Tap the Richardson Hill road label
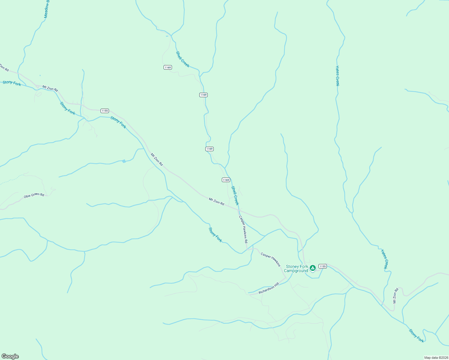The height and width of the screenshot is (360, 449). click(269, 288)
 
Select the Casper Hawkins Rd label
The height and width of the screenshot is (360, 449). click(243, 229)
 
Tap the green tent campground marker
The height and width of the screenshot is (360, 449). click(312, 268)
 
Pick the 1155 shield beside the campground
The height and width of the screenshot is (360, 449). click(322, 266)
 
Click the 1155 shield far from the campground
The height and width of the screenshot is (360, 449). click(104, 111)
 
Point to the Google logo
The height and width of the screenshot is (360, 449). click(10, 356)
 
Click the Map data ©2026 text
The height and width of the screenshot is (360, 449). click(435, 358)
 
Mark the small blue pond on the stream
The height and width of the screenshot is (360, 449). click(124, 161)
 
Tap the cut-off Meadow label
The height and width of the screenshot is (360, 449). click(46, 9)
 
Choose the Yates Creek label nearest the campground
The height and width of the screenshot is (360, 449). click(384, 259)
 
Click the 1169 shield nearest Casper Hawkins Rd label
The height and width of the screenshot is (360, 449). click(226, 180)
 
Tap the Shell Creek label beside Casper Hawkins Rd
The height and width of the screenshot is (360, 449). click(235, 195)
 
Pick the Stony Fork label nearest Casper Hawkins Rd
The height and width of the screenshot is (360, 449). click(215, 235)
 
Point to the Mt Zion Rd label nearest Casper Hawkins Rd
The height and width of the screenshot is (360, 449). click(216, 201)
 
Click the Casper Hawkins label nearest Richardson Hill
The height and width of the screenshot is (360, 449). click(270, 259)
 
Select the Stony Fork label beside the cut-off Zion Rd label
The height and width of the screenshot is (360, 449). click(12, 83)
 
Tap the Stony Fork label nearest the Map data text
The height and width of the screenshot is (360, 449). click(417, 336)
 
